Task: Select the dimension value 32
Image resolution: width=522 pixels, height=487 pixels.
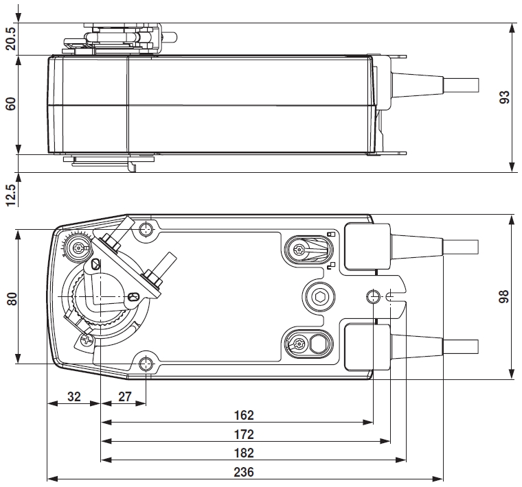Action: pyautogui.click(x=73, y=396)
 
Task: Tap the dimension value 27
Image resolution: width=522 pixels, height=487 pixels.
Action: pyautogui.click(x=124, y=396)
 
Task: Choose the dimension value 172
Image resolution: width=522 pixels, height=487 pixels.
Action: pyautogui.click(x=243, y=434)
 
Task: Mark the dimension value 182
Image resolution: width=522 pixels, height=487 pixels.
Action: pyautogui.click(x=243, y=453)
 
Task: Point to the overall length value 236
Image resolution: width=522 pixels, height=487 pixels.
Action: pyautogui.click(x=243, y=472)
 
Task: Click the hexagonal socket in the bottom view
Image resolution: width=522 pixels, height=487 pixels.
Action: pyautogui.click(x=319, y=296)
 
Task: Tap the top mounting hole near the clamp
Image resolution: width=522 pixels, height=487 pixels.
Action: pyautogui.click(x=146, y=228)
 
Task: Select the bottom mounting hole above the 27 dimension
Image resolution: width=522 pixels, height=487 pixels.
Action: pyautogui.click(x=146, y=364)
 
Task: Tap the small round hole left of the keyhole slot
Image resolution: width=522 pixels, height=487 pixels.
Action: pyautogui.click(x=374, y=296)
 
